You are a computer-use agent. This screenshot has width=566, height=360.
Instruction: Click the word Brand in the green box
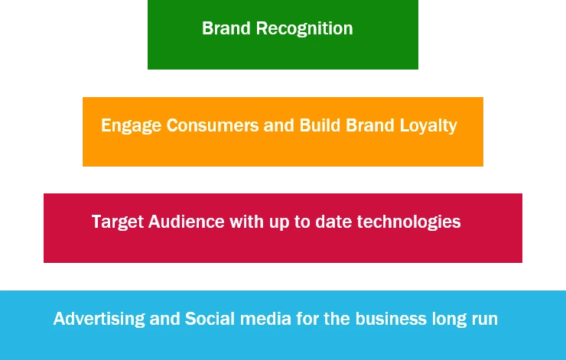coord(226,28)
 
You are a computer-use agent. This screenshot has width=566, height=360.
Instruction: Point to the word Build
coord(320,125)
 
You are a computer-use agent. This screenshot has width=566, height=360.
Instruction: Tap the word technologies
coord(414,222)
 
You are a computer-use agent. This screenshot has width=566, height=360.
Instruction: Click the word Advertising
coord(99,319)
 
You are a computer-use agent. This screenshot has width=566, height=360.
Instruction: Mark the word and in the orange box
coord(279,125)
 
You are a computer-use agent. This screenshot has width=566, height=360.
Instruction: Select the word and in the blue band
coord(165,319)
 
